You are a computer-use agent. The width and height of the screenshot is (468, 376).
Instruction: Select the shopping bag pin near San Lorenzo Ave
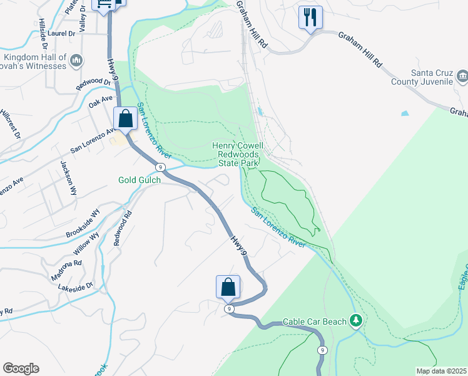(126, 118)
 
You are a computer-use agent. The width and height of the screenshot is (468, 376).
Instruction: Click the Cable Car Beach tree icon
(356, 321)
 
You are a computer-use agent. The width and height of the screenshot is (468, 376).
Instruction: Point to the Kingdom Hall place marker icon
(77, 60)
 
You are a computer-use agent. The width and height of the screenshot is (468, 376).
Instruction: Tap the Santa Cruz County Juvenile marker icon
(462, 77)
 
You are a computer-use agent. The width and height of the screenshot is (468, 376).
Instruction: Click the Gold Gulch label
(140, 180)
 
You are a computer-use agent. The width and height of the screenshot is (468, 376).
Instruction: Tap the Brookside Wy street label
(83, 224)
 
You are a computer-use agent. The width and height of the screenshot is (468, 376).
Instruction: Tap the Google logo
(21, 368)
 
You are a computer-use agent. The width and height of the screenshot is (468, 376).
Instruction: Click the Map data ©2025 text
(440, 371)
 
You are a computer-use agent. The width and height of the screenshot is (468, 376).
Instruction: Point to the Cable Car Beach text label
(314, 321)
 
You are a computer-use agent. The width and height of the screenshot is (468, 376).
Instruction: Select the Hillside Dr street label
(43, 33)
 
